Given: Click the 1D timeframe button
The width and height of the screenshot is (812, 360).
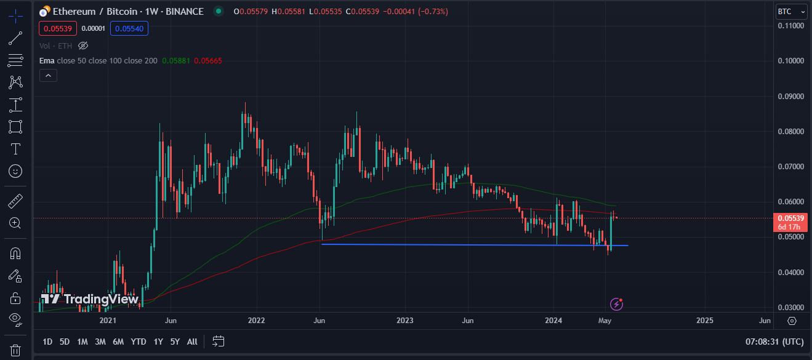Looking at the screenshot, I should pos(47,342).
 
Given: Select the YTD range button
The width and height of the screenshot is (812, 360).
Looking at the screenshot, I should pos(139,342).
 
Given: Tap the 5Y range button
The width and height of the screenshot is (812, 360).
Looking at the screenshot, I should pos(175,342).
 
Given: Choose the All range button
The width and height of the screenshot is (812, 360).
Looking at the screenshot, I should pos(192,342).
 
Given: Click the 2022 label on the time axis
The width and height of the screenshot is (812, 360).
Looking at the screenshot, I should pos(256,321).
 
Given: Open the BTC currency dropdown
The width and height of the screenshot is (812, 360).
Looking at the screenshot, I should pos(790,12).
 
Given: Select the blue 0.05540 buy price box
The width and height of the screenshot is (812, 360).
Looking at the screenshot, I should pos(129,28).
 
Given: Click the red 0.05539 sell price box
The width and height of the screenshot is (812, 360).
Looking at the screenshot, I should pos(57,28).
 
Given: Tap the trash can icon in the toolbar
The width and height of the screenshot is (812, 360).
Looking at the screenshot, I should pos(15,350).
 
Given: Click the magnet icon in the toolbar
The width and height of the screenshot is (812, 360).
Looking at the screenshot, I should pos(15,254).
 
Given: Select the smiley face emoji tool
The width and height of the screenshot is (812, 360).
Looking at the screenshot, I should pos(15,171).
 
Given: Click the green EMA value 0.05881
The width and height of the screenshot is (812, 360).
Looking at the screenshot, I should pos(177,61).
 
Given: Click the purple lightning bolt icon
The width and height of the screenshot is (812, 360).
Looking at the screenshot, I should pos(616,303).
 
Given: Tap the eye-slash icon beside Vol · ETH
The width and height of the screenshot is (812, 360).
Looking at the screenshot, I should pos(84,46).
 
